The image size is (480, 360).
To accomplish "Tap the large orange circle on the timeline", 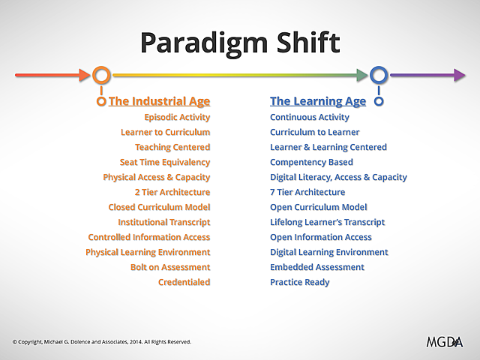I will [x=102, y=75].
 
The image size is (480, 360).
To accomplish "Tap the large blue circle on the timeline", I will [x=379, y=75].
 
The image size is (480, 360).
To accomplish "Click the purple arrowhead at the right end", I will [x=459, y=75].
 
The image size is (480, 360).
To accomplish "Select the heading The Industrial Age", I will [x=159, y=101].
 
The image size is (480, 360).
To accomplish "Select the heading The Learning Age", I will [x=318, y=101].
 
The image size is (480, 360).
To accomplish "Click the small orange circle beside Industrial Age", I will [x=101, y=101].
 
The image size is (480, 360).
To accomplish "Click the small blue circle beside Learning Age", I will [x=379, y=101].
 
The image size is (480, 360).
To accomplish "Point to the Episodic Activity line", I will [x=177, y=117].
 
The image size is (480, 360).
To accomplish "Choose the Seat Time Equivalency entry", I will [x=165, y=162].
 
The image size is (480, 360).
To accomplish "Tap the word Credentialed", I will [x=184, y=282].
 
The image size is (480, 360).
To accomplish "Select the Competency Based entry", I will [x=311, y=162].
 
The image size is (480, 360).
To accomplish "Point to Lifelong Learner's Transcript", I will [x=327, y=222].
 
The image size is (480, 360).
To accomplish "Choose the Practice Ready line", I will [x=299, y=282].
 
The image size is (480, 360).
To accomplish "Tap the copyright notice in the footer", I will [x=101, y=342].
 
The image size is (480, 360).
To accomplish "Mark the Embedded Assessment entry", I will [x=316, y=267].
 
